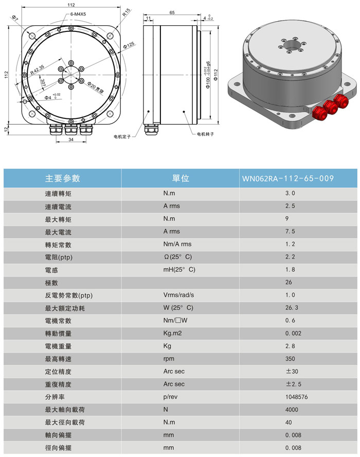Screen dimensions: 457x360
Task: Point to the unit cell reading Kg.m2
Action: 173,333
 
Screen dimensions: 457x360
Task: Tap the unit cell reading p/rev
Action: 171,397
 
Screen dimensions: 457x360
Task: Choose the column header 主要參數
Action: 63,179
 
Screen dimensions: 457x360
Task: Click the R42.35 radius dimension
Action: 37,68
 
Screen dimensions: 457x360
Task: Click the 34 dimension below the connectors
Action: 70,139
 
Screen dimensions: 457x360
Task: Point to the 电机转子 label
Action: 205,134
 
